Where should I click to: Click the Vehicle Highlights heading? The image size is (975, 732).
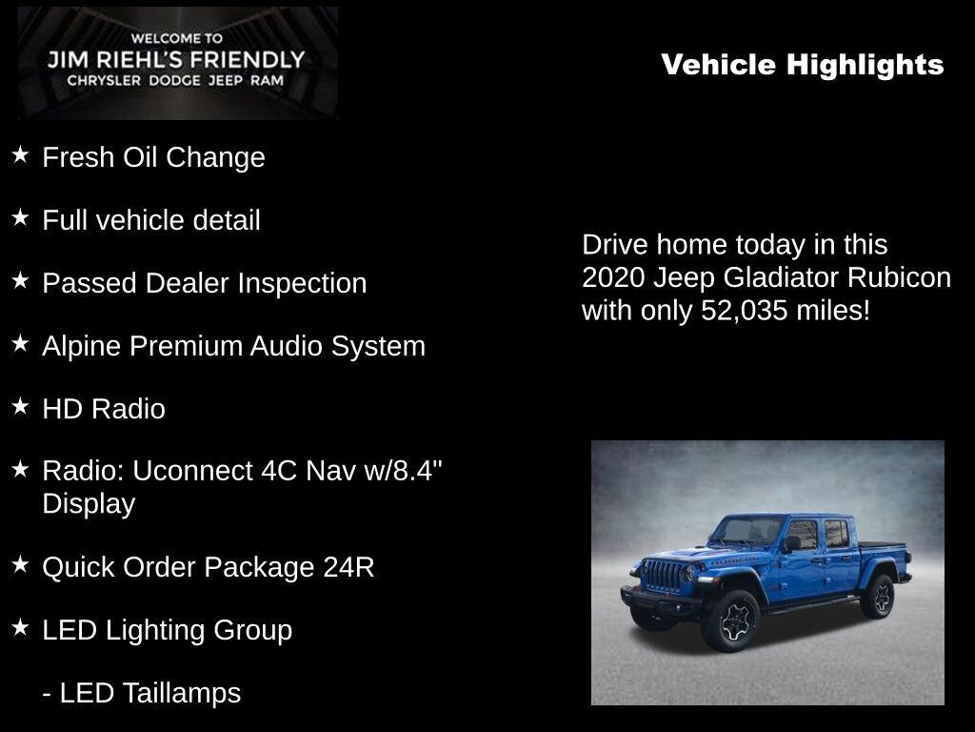802,65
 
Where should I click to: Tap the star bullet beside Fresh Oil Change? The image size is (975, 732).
21,154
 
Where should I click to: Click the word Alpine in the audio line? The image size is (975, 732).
82,347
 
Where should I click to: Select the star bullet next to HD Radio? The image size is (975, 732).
21,406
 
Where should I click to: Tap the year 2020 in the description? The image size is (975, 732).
612,277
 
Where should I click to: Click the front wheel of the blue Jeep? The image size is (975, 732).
738,620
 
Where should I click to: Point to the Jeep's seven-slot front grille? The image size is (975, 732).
664,575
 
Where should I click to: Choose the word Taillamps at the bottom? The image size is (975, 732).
182,693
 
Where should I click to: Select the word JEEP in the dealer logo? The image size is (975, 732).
226,80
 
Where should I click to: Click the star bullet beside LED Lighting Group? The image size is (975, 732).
21,627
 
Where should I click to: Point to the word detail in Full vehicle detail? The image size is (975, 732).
227,220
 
